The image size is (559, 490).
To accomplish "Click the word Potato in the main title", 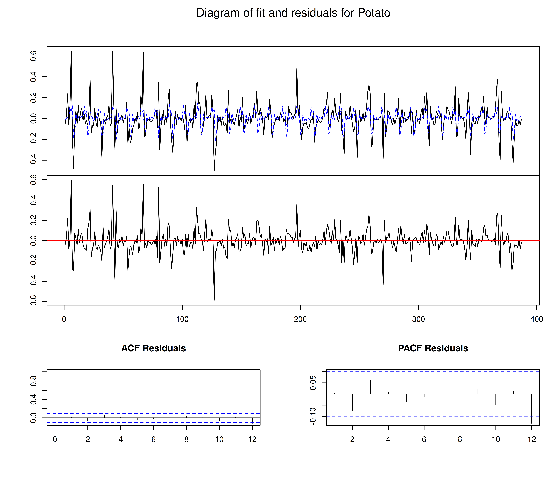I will (x=374, y=13).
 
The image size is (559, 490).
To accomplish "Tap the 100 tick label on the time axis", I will (x=182, y=319).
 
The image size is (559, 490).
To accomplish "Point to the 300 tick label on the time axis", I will (x=418, y=319).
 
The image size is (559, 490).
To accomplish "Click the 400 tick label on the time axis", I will (x=536, y=319).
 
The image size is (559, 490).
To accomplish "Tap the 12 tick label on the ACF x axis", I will (x=252, y=439).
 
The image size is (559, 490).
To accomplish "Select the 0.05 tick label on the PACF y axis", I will (x=313, y=383).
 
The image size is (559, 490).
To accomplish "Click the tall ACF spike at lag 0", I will (x=55, y=394).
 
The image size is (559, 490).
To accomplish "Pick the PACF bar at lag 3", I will (x=370, y=387).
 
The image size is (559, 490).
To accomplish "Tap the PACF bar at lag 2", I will (x=352, y=402).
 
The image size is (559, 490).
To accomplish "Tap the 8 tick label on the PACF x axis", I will (x=460, y=439).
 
